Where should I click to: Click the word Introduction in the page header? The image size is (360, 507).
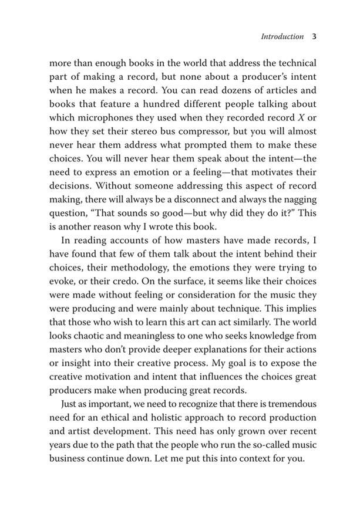point(282,36)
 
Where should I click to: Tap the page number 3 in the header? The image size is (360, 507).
point(314,36)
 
